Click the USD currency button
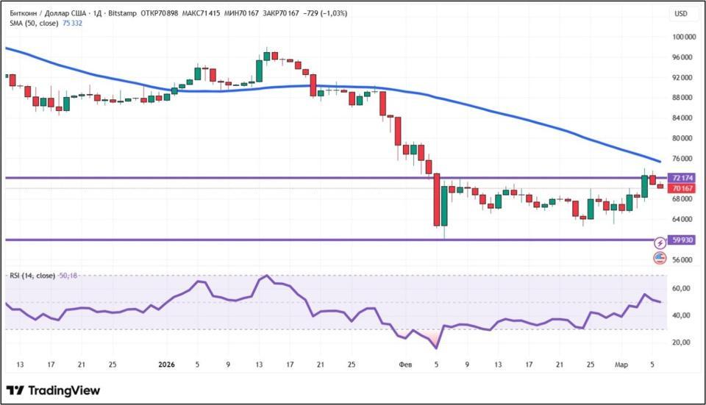tap(681, 14)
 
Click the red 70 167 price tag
tap(681, 188)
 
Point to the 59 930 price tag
tap(683, 240)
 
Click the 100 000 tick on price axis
tap(684, 37)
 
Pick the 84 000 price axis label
tap(684, 118)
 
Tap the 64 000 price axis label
tap(684, 219)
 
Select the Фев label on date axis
tap(405, 364)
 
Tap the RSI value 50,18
tap(68, 276)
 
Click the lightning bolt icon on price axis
tap(660, 243)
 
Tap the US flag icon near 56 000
tap(660, 257)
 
